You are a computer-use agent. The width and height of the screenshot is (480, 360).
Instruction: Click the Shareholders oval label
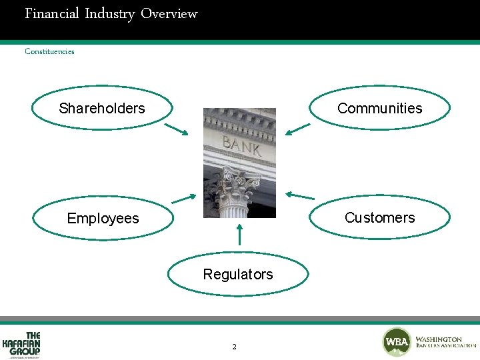click(x=102, y=108)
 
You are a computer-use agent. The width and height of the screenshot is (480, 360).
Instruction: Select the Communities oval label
click(x=379, y=108)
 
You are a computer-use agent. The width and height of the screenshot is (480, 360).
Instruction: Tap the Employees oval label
click(x=103, y=218)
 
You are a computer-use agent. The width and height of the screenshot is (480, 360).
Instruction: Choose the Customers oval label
click(x=379, y=217)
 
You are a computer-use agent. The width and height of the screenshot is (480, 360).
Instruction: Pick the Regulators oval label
click(x=238, y=274)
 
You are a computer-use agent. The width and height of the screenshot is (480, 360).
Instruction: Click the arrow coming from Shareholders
click(x=176, y=129)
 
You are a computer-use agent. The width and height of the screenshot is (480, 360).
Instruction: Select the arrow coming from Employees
click(x=183, y=198)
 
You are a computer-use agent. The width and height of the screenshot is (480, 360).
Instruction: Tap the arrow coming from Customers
click(x=299, y=196)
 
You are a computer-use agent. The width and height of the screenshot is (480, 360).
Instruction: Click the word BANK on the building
click(x=241, y=145)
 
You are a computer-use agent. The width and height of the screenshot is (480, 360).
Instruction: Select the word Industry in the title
click(x=109, y=13)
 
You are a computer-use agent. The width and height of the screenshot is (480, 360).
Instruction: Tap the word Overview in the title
click(x=169, y=13)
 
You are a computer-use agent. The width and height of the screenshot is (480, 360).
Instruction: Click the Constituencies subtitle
click(x=49, y=51)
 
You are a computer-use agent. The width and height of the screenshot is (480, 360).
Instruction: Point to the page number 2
click(x=234, y=347)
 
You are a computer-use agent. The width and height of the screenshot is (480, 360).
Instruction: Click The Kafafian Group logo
click(x=23, y=344)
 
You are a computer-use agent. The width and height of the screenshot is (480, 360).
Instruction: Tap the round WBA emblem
click(x=397, y=342)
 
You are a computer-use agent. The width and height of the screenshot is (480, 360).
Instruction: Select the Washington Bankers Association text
click(x=445, y=343)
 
